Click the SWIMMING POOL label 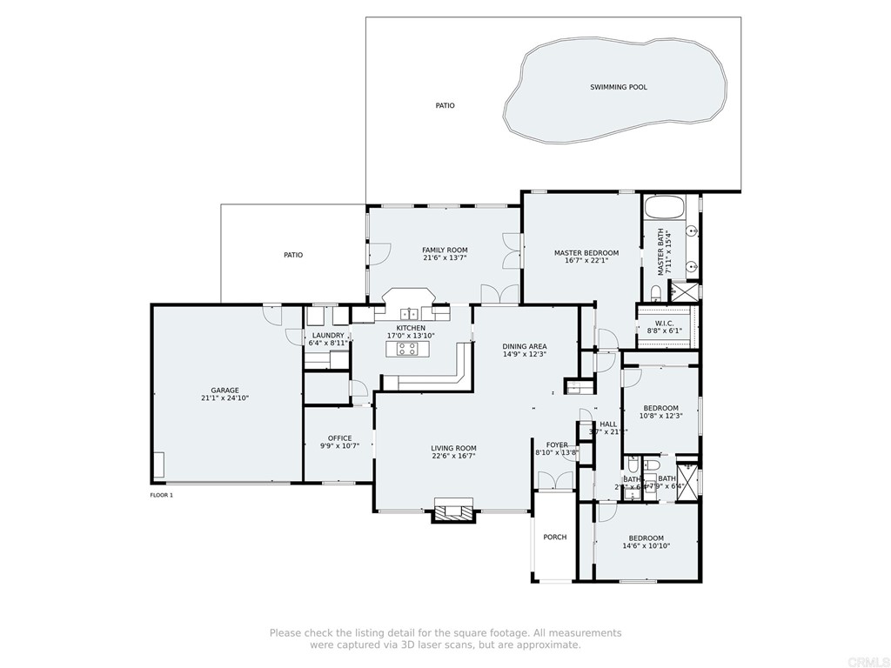click(x=618, y=87)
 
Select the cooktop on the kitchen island click(x=406, y=349)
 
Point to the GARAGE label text click(x=224, y=391)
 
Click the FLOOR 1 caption click(x=162, y=495)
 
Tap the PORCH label click(x=555, y=538)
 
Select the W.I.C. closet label click(x=665, y=323)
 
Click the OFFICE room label click(x=339, y=438)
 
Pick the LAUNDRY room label click(x=328, y=335)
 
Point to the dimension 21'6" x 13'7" click(x=445, y=257)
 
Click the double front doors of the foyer click(x=555, y=481)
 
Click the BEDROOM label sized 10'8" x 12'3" click(x=660, y=408)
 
